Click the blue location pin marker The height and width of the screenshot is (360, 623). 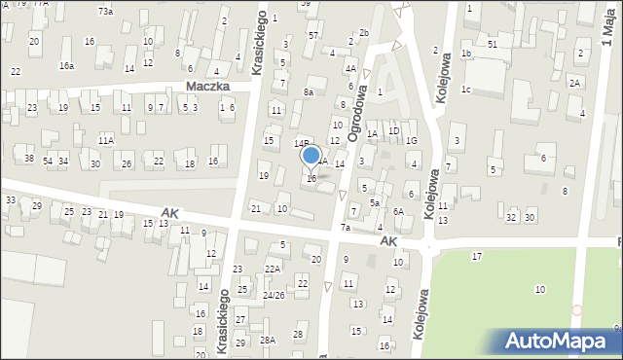coord(311,156)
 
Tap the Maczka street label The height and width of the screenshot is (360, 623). coord(206,87)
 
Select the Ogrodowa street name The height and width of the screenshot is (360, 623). coord(360,109)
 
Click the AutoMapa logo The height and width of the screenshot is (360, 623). coord(561,341)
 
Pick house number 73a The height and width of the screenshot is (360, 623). coord(105,11)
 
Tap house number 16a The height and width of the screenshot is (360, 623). coord(66,66)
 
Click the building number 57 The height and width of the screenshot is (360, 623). coord(313,35)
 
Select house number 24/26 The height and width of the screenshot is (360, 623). coord(274,295)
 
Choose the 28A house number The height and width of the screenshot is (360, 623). coord(267,340)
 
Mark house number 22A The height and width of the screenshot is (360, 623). coord(273,270)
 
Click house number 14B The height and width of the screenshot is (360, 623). coord(302,143)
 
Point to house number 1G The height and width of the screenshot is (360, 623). coord(412,141)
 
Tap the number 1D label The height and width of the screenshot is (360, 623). coord(393,130)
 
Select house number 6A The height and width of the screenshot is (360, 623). coord(398,211)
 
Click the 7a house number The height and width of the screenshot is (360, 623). coord(345,228)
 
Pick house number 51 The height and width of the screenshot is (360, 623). coord(493,45)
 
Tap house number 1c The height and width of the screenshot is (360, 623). coord(466,90)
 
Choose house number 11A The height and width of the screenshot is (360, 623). coord(105,141)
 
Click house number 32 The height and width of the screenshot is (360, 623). coord(511,217)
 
